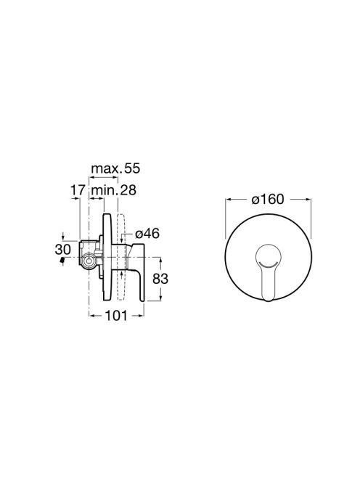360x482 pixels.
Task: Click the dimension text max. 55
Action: (x=115, y=168)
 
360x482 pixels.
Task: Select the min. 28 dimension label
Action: (x=114, y=190)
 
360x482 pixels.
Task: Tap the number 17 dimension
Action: (x=78, y=190)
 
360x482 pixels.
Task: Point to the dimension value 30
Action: (x=62, y=250)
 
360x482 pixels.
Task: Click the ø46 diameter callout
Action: (x=147, y=234)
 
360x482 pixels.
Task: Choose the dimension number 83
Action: (x=160, y=279)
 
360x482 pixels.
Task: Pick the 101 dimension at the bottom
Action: (x=116, y=315)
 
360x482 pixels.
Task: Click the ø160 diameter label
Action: (x=268, y=199)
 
